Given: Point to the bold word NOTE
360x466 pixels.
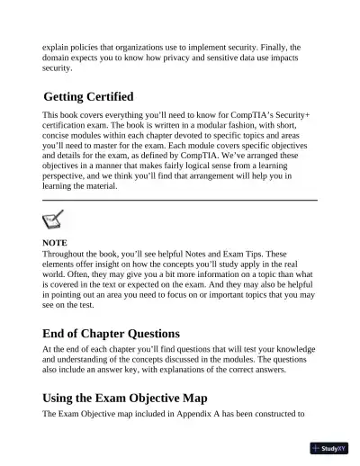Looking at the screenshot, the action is click(55, 243).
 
